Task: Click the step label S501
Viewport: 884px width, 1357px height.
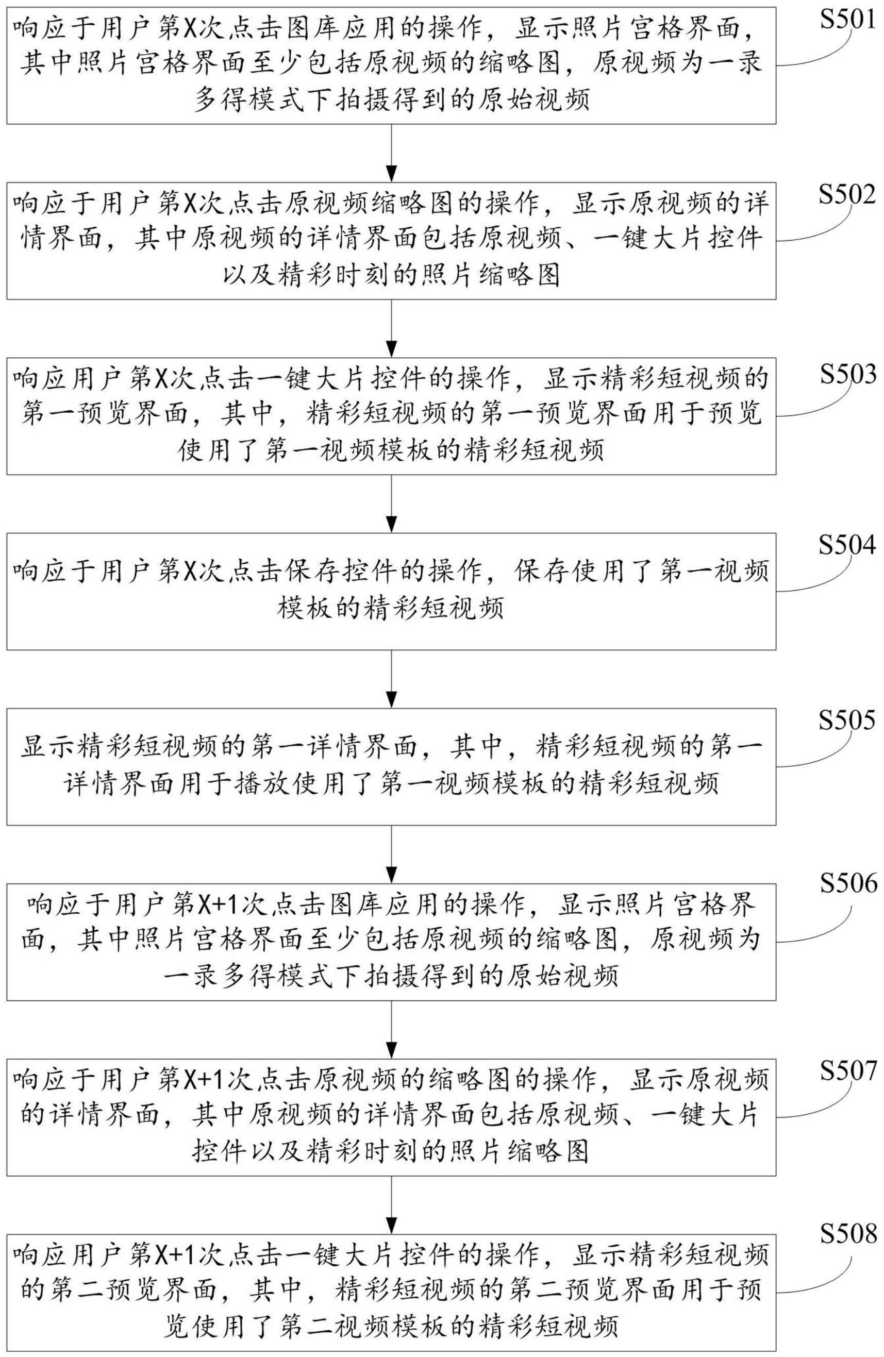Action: point(847,20)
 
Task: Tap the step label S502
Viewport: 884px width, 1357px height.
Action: point(847,195)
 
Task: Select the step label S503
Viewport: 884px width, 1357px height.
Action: point(847,375)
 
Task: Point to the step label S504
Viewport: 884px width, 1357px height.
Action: point(847,546)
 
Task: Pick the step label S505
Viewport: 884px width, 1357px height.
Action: point(847,721)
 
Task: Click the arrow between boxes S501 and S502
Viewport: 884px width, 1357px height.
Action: point(391,154)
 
